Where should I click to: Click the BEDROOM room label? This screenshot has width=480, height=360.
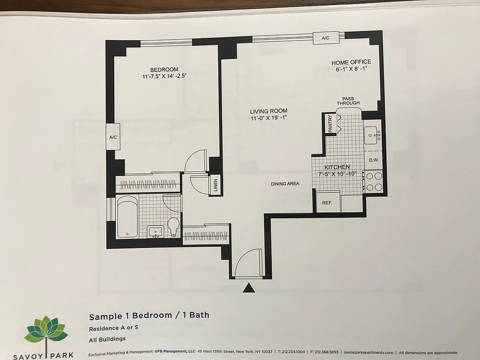(164, 69)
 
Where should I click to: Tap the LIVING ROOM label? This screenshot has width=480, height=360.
(269, 111)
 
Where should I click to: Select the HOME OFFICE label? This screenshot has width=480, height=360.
(351, 62)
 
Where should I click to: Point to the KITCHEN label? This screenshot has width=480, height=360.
(337, 167)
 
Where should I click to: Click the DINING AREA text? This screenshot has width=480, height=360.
(285, 184)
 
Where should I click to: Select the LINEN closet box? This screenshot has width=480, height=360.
(215, 184)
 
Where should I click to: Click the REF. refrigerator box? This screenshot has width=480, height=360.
(327, 203)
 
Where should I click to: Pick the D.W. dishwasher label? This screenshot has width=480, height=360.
(373, 160)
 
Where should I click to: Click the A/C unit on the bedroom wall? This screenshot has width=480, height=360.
(112, 137)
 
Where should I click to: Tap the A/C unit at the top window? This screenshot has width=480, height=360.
(326, 38)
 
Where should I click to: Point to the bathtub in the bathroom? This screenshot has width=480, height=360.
(127, 217)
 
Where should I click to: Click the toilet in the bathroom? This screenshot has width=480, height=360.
(173, 225)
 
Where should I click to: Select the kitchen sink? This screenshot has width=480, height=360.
(372, 135)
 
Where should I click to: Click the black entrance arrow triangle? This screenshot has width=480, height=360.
(249, 288)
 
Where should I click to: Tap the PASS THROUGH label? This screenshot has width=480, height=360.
(348, 100)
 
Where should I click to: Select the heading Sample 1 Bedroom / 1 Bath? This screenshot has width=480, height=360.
(149, 315)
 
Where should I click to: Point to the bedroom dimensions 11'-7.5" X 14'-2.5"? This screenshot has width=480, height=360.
(164, 76)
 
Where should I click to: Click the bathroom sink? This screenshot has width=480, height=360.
(156, 232)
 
